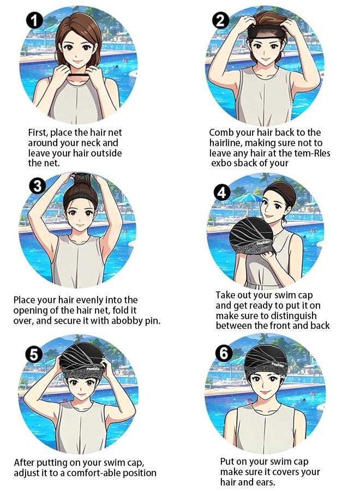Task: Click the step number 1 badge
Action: click(x=34, y=21)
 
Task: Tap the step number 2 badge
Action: click(x=221, y=21)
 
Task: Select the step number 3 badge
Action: click(x=37, y=186)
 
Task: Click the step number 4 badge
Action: click(x=221, y=193)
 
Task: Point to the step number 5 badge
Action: click(x=34, y=355)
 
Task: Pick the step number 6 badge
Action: click(x=224, y=354)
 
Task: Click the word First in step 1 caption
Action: click(x=38, y=133)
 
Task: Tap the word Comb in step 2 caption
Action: click(x=221, y=133)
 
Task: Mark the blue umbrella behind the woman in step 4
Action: click(x=247, y=198)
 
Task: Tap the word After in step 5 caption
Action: click(x=25, y=463)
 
